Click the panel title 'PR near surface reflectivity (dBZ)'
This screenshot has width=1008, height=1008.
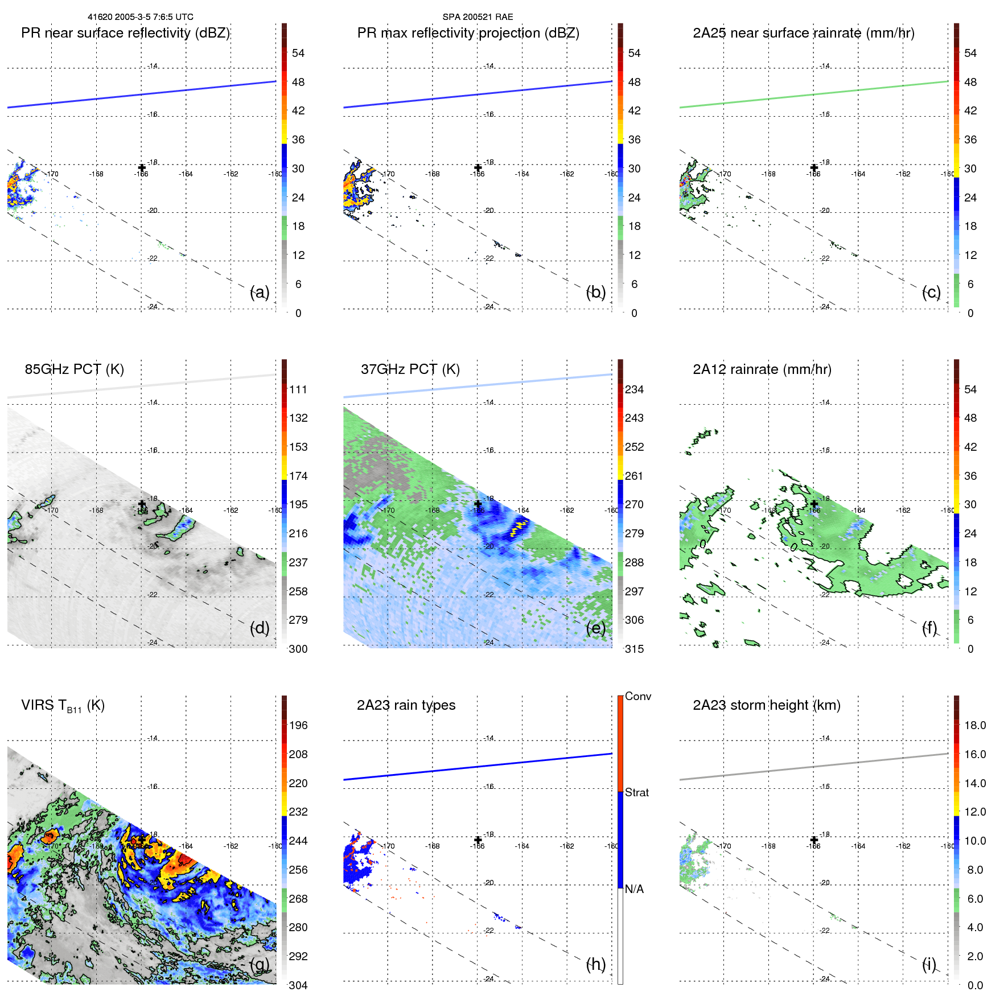coord(125,33)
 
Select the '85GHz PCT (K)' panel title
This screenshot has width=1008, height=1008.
coord(74,369)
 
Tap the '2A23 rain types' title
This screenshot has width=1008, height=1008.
coord(406,705)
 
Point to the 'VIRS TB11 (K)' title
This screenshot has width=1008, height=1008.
coord(63,706)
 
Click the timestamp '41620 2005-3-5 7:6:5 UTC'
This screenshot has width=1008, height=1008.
coord(140,17)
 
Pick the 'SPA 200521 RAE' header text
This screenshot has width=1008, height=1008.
coord(478,17)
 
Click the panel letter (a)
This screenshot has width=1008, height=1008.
coord(260,292)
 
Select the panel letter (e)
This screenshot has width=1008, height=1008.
coord(596,628)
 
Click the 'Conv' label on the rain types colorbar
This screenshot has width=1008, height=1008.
coord(637,696)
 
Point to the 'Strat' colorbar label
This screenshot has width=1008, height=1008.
coord(636,792)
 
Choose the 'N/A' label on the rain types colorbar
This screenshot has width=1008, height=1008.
coord(634,889)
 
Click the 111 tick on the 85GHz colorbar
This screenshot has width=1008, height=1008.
coord(298,389)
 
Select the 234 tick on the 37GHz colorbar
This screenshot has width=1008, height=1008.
coord(634,389)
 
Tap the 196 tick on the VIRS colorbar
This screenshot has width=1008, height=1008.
coord(298,725)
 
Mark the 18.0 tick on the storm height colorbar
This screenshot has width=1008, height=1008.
coord(974,725)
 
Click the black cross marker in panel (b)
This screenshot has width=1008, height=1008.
coord(478,167)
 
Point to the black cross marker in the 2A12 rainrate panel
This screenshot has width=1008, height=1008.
coord(814,504)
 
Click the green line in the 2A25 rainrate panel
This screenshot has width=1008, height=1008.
coord(814,94)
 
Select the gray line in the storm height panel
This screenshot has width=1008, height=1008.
coord(814,767)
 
